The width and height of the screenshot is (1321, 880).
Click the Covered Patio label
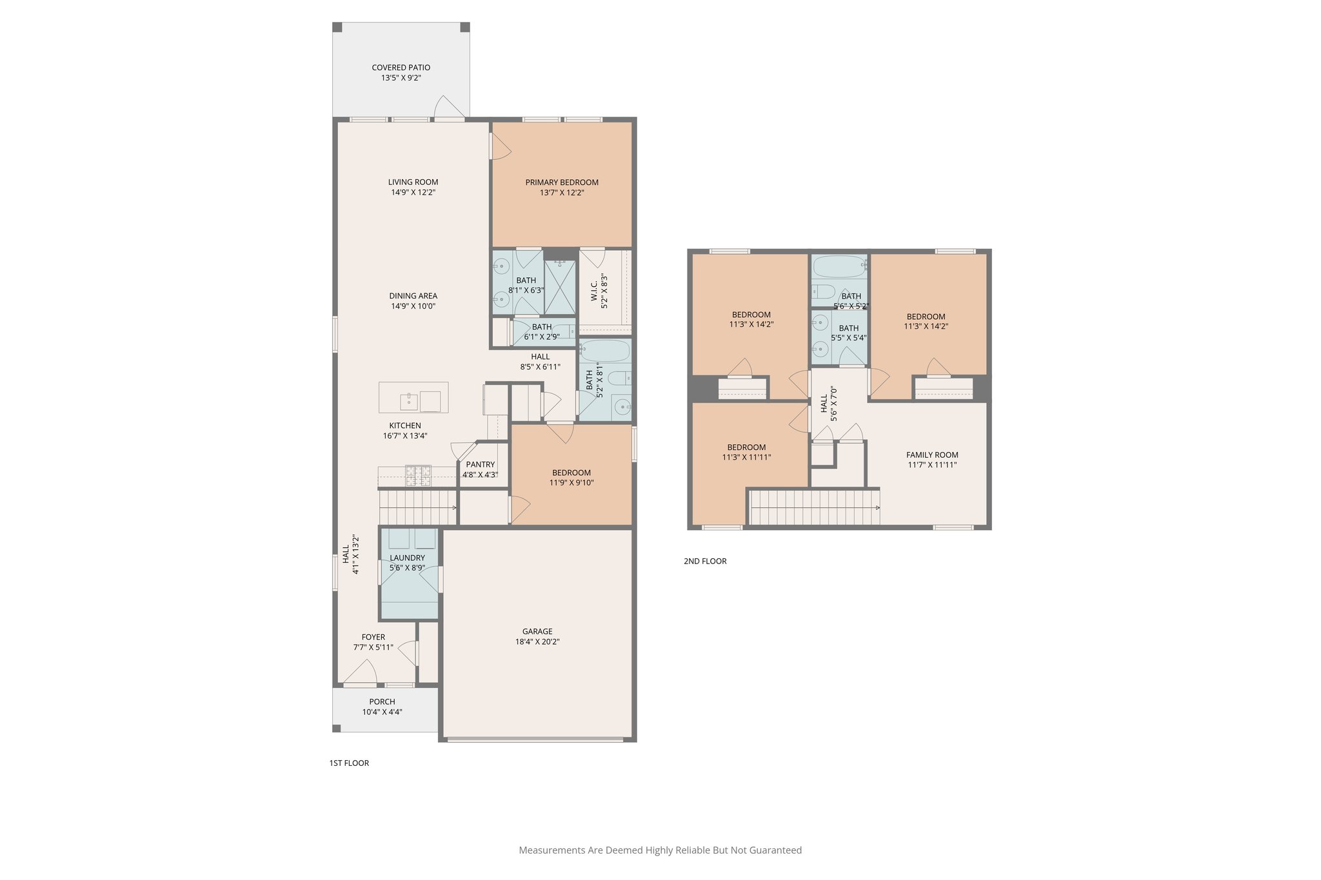coord(401,68)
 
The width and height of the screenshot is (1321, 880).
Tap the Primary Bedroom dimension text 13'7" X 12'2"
coord(562,193)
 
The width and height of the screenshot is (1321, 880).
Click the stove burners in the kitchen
coord(418,476)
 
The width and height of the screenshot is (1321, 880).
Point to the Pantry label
coord(480,464)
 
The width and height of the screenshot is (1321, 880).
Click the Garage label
coord(537,632)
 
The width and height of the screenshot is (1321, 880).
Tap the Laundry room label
coord(407,558)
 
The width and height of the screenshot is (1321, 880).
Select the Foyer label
coord(373,637)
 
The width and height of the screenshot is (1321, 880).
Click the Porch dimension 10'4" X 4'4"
coord(382,712)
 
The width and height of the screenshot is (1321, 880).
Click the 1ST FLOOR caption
coord(349,763)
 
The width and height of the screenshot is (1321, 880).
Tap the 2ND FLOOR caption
coord(705,562)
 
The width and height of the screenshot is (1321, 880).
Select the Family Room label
coord(932,455)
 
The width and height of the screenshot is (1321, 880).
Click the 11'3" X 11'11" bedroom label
coord(746,458)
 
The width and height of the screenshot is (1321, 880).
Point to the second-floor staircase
coord(815,507)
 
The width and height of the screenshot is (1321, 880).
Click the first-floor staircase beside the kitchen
coord(417,507)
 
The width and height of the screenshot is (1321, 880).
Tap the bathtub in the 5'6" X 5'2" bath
coord(838,265)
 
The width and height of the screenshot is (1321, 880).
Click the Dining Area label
coord(413,296)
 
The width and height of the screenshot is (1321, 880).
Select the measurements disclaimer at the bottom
coord(660,850)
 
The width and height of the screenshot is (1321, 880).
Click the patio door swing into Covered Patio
coord(448,108)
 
